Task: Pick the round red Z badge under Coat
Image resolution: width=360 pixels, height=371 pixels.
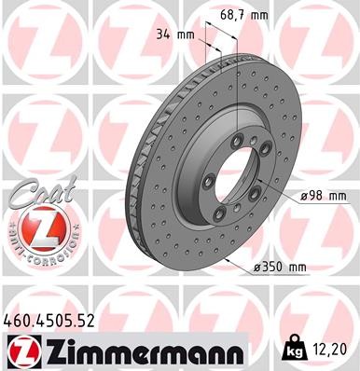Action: pyautogui.click(x=35, y=229)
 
